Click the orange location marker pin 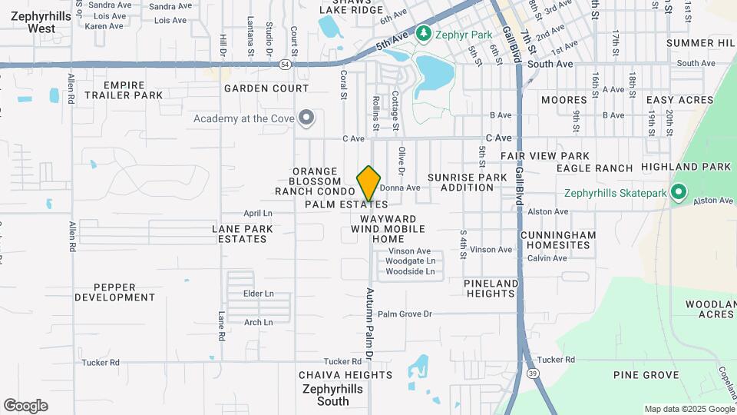pos(369,183)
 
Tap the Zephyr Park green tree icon pos(422,34)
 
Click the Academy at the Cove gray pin pos(306,118)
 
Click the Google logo pos(25,406)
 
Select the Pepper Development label pos(115,291)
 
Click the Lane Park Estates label pos(242,234)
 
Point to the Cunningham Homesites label pos(558,240)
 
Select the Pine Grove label pos(646,375)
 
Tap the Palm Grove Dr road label pos(405,314)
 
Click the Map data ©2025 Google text pos(688,409)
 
